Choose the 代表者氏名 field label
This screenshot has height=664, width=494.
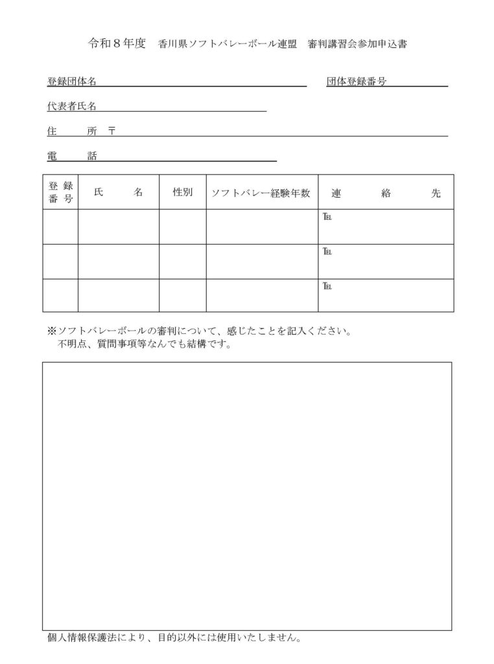[72, 106]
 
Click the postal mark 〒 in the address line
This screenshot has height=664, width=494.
[112, 131]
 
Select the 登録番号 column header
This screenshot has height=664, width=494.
[61, 192]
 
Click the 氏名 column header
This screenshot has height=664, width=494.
[118, 193]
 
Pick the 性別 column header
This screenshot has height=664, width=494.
[182, 193]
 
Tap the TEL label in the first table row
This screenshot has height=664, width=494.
[327, 217]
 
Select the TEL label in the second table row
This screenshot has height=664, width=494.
[327, 252]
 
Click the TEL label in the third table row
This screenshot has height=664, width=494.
[327, 287]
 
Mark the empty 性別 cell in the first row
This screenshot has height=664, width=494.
[182, 226]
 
